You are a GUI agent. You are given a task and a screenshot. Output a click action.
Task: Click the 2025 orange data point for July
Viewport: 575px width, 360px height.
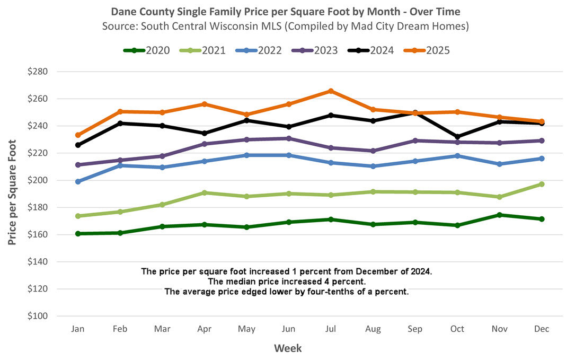click(x=331, y=91)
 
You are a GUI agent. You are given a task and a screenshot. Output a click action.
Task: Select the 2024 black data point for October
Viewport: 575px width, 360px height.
click(x=457, y=137)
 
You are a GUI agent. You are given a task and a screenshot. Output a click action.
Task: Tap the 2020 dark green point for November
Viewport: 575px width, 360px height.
click(x=499, y=215)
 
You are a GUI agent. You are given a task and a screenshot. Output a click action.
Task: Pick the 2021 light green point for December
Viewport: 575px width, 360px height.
click(x=542, y=184)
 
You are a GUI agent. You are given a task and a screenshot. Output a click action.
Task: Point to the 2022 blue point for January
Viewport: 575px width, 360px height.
click(x=78, y=181)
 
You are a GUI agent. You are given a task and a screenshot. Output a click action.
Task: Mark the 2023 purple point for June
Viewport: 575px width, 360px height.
click(x=289, y=138)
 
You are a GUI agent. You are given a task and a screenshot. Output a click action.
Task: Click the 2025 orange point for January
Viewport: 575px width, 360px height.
click(x=78, y=135)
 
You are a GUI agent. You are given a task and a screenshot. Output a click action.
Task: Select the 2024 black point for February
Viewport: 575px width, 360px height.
click(x=120, y=123)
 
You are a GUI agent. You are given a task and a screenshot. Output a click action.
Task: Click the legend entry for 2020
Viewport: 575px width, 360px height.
click(x=146, y=50)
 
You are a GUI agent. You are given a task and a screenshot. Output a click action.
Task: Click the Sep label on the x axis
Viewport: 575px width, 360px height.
click(x=415, y=329)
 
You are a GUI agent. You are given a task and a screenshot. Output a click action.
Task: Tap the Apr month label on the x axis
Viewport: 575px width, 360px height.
click(x=205, y=329)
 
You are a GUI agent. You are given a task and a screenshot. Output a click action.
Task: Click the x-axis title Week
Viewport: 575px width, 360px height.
click(x=288, y=348)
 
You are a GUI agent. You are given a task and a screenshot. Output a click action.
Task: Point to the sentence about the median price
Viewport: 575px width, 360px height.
click(x=286, y=281)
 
